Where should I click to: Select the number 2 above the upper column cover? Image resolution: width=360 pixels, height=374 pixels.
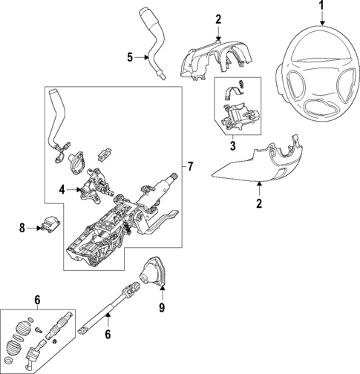(x=218, y=19)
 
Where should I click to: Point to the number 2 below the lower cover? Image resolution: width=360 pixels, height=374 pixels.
(x=259, y=203)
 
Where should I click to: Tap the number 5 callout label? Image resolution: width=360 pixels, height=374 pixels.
(x=128, y=56)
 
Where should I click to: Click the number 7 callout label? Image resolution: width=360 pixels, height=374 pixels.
(x=191, y=165)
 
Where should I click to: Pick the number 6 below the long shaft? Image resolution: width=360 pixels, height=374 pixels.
(x=108, y=335)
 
